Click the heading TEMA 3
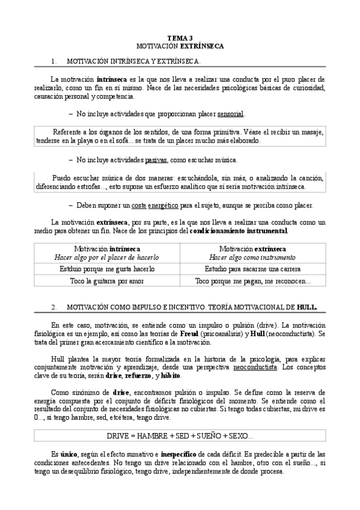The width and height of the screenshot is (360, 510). (180, 37)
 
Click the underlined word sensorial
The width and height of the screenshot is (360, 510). (231, 114)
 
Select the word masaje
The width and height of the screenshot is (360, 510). (310, 132)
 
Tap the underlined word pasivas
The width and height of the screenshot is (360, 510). (156, 160)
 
